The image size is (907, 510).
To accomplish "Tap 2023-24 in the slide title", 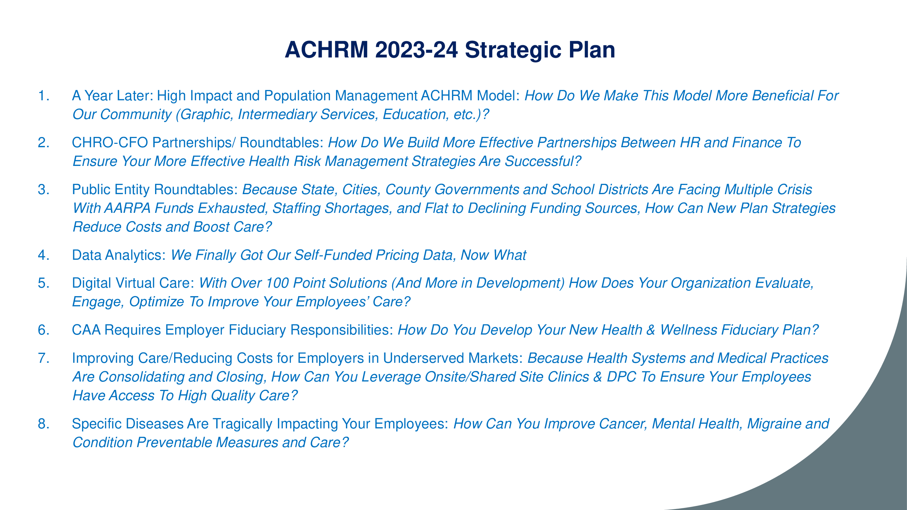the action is point(417,50).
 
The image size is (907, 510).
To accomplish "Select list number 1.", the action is point(44,96).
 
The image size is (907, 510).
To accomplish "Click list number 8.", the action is point(44,424).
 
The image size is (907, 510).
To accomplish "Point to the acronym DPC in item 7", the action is point(621,377).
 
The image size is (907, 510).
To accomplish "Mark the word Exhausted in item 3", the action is point(231,208).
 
